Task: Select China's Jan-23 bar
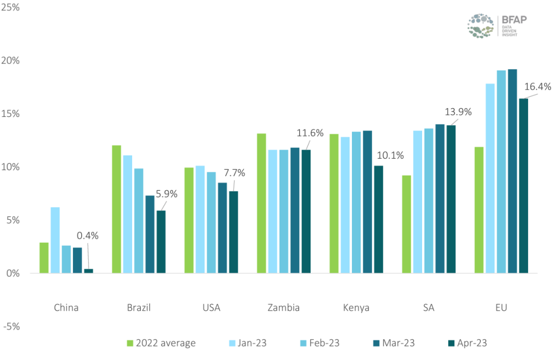pos(55,240)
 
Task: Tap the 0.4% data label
pos(87,235)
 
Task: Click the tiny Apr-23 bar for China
pos(88,270)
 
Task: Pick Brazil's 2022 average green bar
pos(116,209)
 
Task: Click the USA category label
pos(211,308)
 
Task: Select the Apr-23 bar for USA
pos(233,232)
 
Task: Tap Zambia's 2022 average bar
pos(262,203)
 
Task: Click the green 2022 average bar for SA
pos(406,224)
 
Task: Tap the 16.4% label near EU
pos(537,86)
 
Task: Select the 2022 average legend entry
pos(161,343)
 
